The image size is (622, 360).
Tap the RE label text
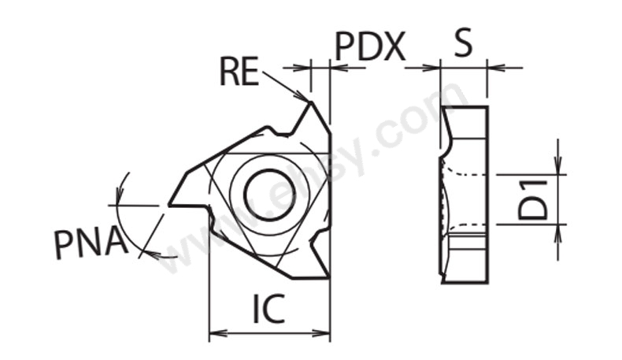point(239,72)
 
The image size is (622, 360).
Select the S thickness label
point(463,42)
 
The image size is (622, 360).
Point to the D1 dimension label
point(533,199)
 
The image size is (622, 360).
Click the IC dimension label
point(268,308)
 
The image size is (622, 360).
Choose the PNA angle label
point(91,243)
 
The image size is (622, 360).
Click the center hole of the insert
point(269,195)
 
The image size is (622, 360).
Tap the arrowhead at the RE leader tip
point(302,96)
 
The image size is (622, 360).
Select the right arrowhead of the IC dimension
point(322,333)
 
